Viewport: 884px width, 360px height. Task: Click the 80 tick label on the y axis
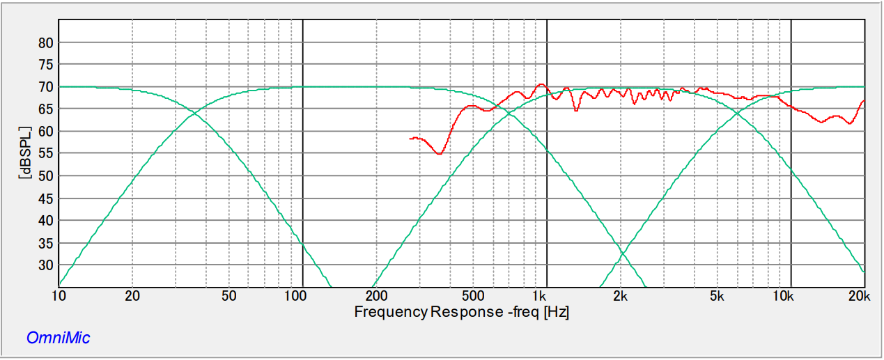point(45,42)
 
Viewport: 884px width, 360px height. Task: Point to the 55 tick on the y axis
point(45,154)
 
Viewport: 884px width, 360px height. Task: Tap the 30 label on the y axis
point(45,265)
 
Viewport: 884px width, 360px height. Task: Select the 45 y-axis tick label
point(45,198)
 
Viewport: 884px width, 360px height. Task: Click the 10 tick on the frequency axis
point(60,295)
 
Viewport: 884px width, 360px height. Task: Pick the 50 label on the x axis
point(229,295)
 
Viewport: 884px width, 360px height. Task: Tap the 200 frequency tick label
point(375,295)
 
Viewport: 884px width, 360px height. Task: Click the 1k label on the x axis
point(540,295)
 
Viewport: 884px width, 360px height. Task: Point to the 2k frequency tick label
point(620,295)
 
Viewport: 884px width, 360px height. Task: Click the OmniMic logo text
point(58,338)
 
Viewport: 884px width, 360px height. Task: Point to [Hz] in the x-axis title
point(556,311)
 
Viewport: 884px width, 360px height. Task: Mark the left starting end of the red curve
point(410,139)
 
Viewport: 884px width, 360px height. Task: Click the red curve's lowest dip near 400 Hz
point(439,154)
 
